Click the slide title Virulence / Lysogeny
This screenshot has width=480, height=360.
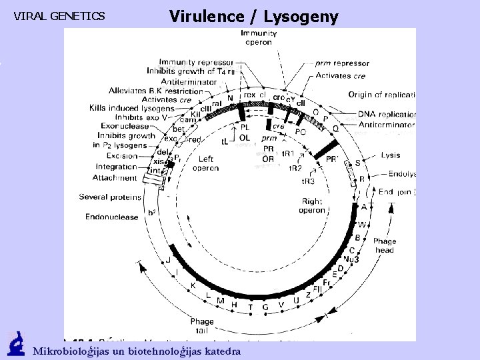pyautogui.click(x=253, y=16)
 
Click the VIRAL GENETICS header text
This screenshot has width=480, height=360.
pyautogui.click(x=59, y=16)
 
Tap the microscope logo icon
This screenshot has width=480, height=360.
pyautogui.click(x=16, y=345)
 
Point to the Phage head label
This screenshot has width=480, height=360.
pyautogui.click(x=385, y=245)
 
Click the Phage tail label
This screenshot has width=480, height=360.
pyautogui.click(x=202, y=326)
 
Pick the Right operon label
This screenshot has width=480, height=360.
pyautogui.click(x=313, y=205)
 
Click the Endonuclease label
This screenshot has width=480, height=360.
pyautogui.click(x=111, y=217)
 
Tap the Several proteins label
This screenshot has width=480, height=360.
pyautogui.click(x=110, y=197)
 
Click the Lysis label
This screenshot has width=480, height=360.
pyautogui.click(x=391, y=155)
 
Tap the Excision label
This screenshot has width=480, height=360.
pyautogui.click(x=121, y=155)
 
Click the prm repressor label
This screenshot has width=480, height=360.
pyautogui.click(x=342, y=63)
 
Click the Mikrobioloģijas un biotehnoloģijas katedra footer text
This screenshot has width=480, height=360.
pyautogui.click(x=137, y=351)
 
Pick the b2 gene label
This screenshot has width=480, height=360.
pyautogui.click(x=152, y=213)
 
